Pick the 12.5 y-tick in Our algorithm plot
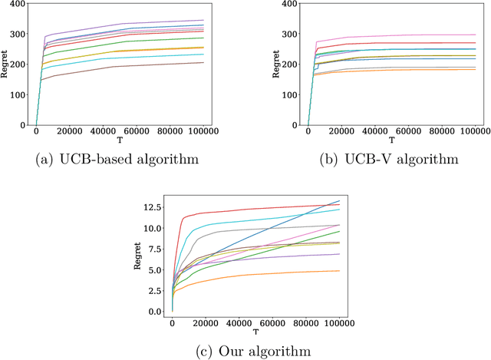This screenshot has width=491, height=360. click(x=153, y=207)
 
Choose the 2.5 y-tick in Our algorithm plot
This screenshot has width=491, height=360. click(x=156, y=291)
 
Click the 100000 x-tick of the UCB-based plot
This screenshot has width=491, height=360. click(x=226, y=131)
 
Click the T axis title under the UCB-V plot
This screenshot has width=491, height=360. click(x=391, y=140)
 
